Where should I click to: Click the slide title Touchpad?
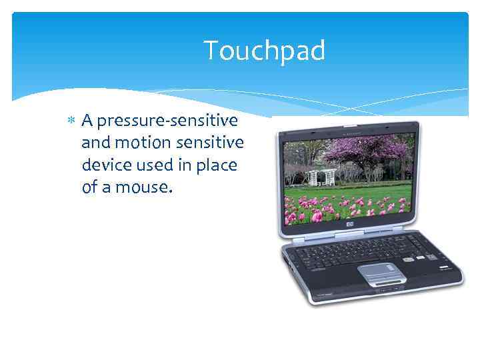(x=264, y=51)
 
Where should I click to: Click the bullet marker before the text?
(x=72, y=121)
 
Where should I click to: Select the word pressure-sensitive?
(x=167, y=121)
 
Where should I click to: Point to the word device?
(x=104, y=165)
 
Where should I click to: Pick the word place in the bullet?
(x=217, y=165)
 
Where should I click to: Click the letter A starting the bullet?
(x=87, y=121)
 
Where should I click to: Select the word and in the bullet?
(x=94, y=143)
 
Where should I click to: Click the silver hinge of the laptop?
(x=349, y=238)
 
